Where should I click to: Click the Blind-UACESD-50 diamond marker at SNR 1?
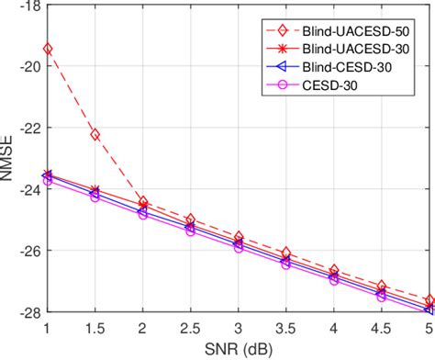[x=48, y=48]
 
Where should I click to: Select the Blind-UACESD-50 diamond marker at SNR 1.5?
[x=95, y=134]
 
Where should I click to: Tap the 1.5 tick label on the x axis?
[x=95, y=328]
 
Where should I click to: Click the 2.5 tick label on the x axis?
[x=191, y=328]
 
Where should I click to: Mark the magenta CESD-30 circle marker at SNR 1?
[x=48, y=180]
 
